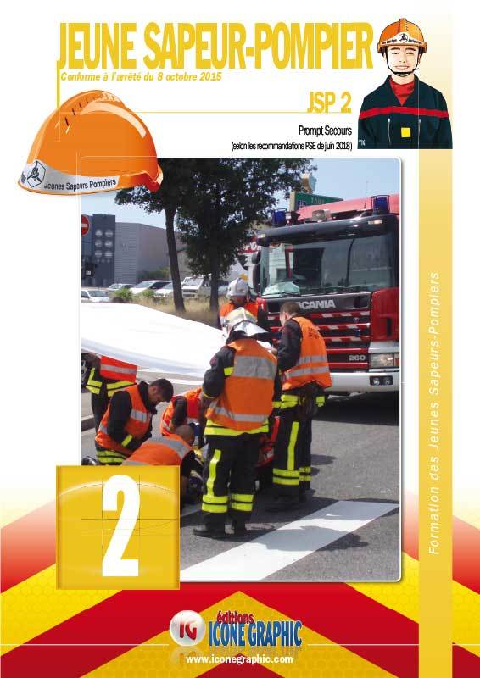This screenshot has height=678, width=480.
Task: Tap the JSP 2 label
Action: click(329, 102)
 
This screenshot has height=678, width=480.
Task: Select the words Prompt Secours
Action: click(325, 131)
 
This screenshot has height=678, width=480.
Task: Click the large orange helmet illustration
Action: click(91, 142)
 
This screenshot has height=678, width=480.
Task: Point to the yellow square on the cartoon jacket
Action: click(405, 132)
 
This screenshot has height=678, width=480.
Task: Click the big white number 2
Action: click(121, 525)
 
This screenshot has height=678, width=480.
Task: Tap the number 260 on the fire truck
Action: click(358, 358)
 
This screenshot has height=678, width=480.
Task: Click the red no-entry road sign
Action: click(86, 225)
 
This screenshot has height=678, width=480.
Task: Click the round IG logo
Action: click(187, 628)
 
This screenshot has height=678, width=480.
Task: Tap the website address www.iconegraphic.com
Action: click(239, 659)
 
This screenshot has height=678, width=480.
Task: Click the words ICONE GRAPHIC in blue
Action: click(255, 633)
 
